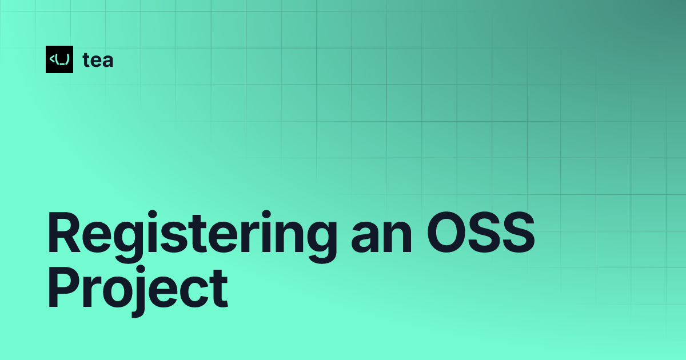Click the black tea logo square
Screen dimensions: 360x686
tap(59, 59)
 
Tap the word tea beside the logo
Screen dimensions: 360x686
tap(98, 60)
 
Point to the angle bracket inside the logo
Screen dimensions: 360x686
tap(52, 59)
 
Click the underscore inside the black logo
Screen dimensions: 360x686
tap(61, 63)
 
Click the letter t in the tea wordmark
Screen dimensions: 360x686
tap(86, 60)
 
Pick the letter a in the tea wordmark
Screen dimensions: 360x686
tap(107, 61)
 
